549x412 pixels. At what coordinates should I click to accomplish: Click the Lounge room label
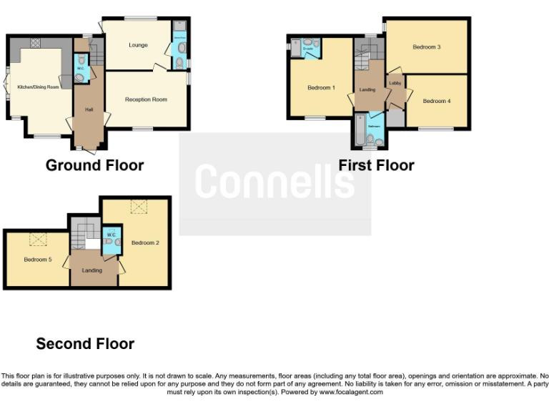(x=138, y=45)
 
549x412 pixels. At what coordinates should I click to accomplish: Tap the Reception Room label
(x=146, y=99)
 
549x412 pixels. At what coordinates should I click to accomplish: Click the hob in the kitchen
(x=35, y=43)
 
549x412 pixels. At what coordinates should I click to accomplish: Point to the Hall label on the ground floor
(x=89, y=109)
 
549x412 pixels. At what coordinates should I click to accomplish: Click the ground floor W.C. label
(x=81, y=69)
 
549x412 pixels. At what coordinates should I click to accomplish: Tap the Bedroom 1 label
(x=321, y=88)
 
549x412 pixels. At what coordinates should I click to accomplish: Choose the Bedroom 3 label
(x=426, y=47)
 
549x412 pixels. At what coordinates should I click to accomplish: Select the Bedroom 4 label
(x=436, y=101)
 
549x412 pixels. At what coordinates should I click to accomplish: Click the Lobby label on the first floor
(x=395, y=83)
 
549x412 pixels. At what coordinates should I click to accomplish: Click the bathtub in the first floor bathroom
(x=359, y=130)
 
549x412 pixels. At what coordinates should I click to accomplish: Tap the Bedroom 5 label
(x=37, y=259)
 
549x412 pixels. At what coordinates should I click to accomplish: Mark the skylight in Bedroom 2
(x=139, y=207)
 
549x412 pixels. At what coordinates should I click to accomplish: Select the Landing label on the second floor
(x=91, y=270)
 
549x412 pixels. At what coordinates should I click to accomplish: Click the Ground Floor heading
(x=94, y=165)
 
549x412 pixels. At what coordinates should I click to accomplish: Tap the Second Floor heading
(x=85, y=344)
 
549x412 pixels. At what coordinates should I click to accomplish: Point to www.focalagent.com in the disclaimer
(x=350, y=392)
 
